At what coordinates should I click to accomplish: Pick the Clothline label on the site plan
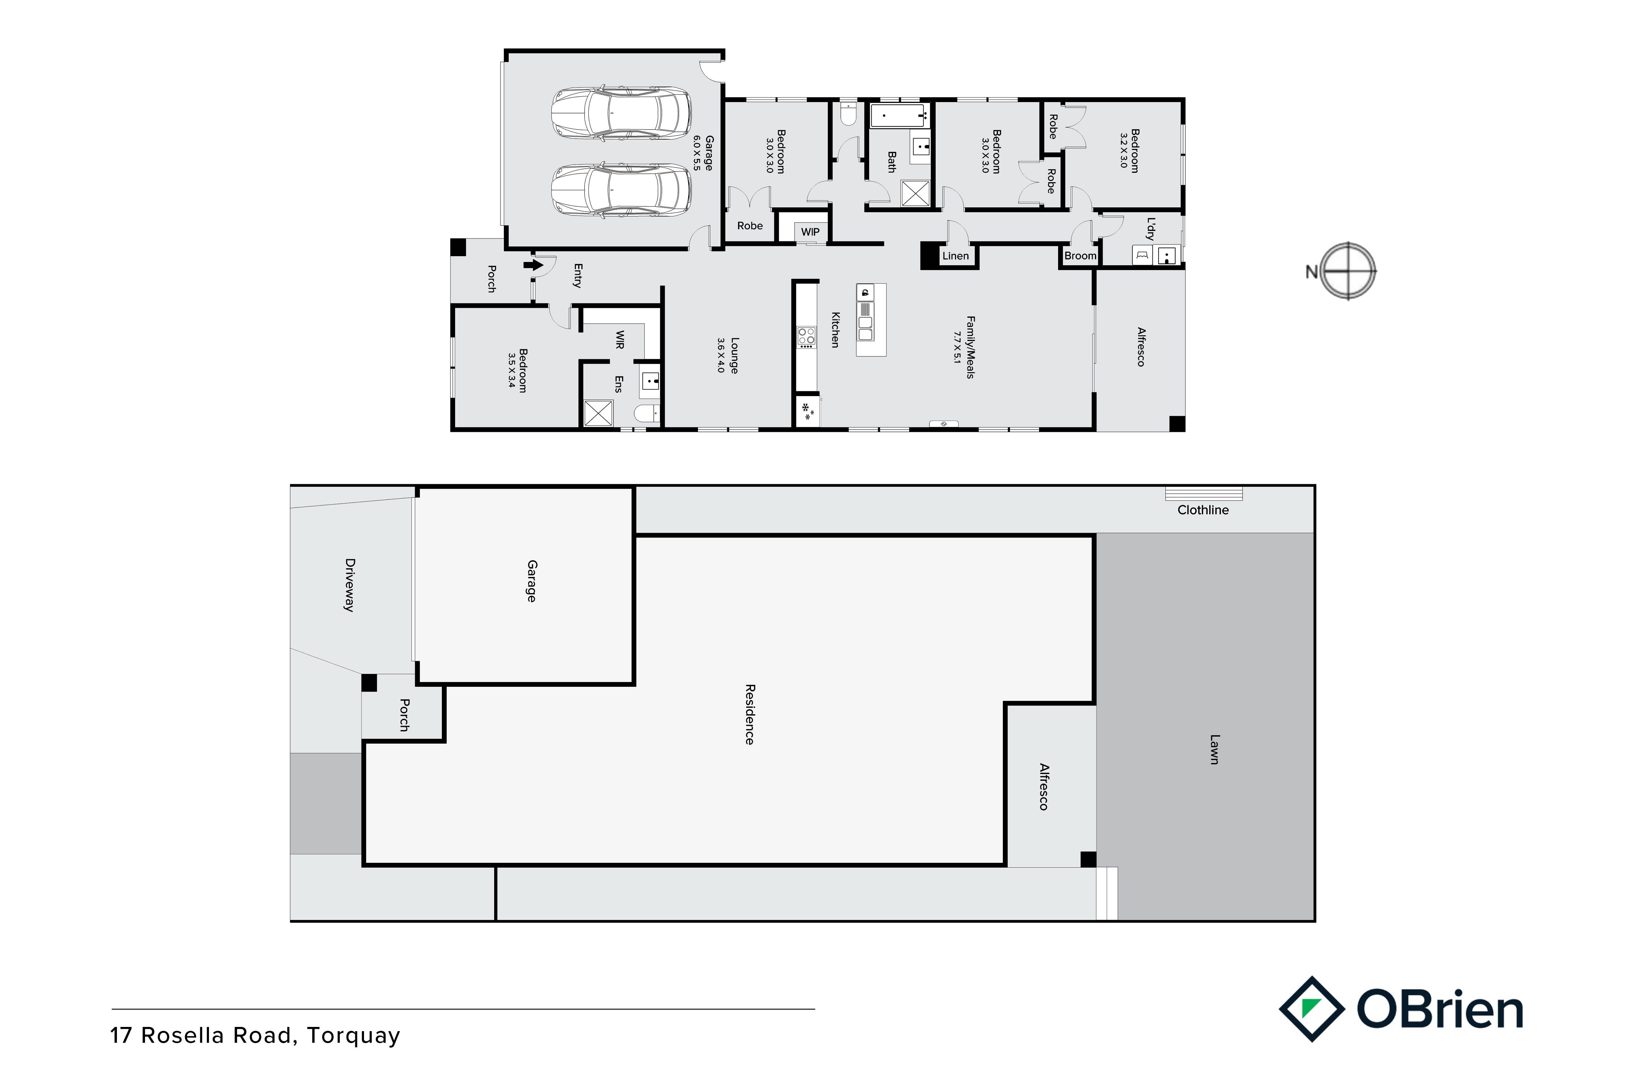[x=1203, y=510]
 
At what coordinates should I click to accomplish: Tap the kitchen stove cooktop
[x=806, y=337]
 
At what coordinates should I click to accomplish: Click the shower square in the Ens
[x=598, y=413]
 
